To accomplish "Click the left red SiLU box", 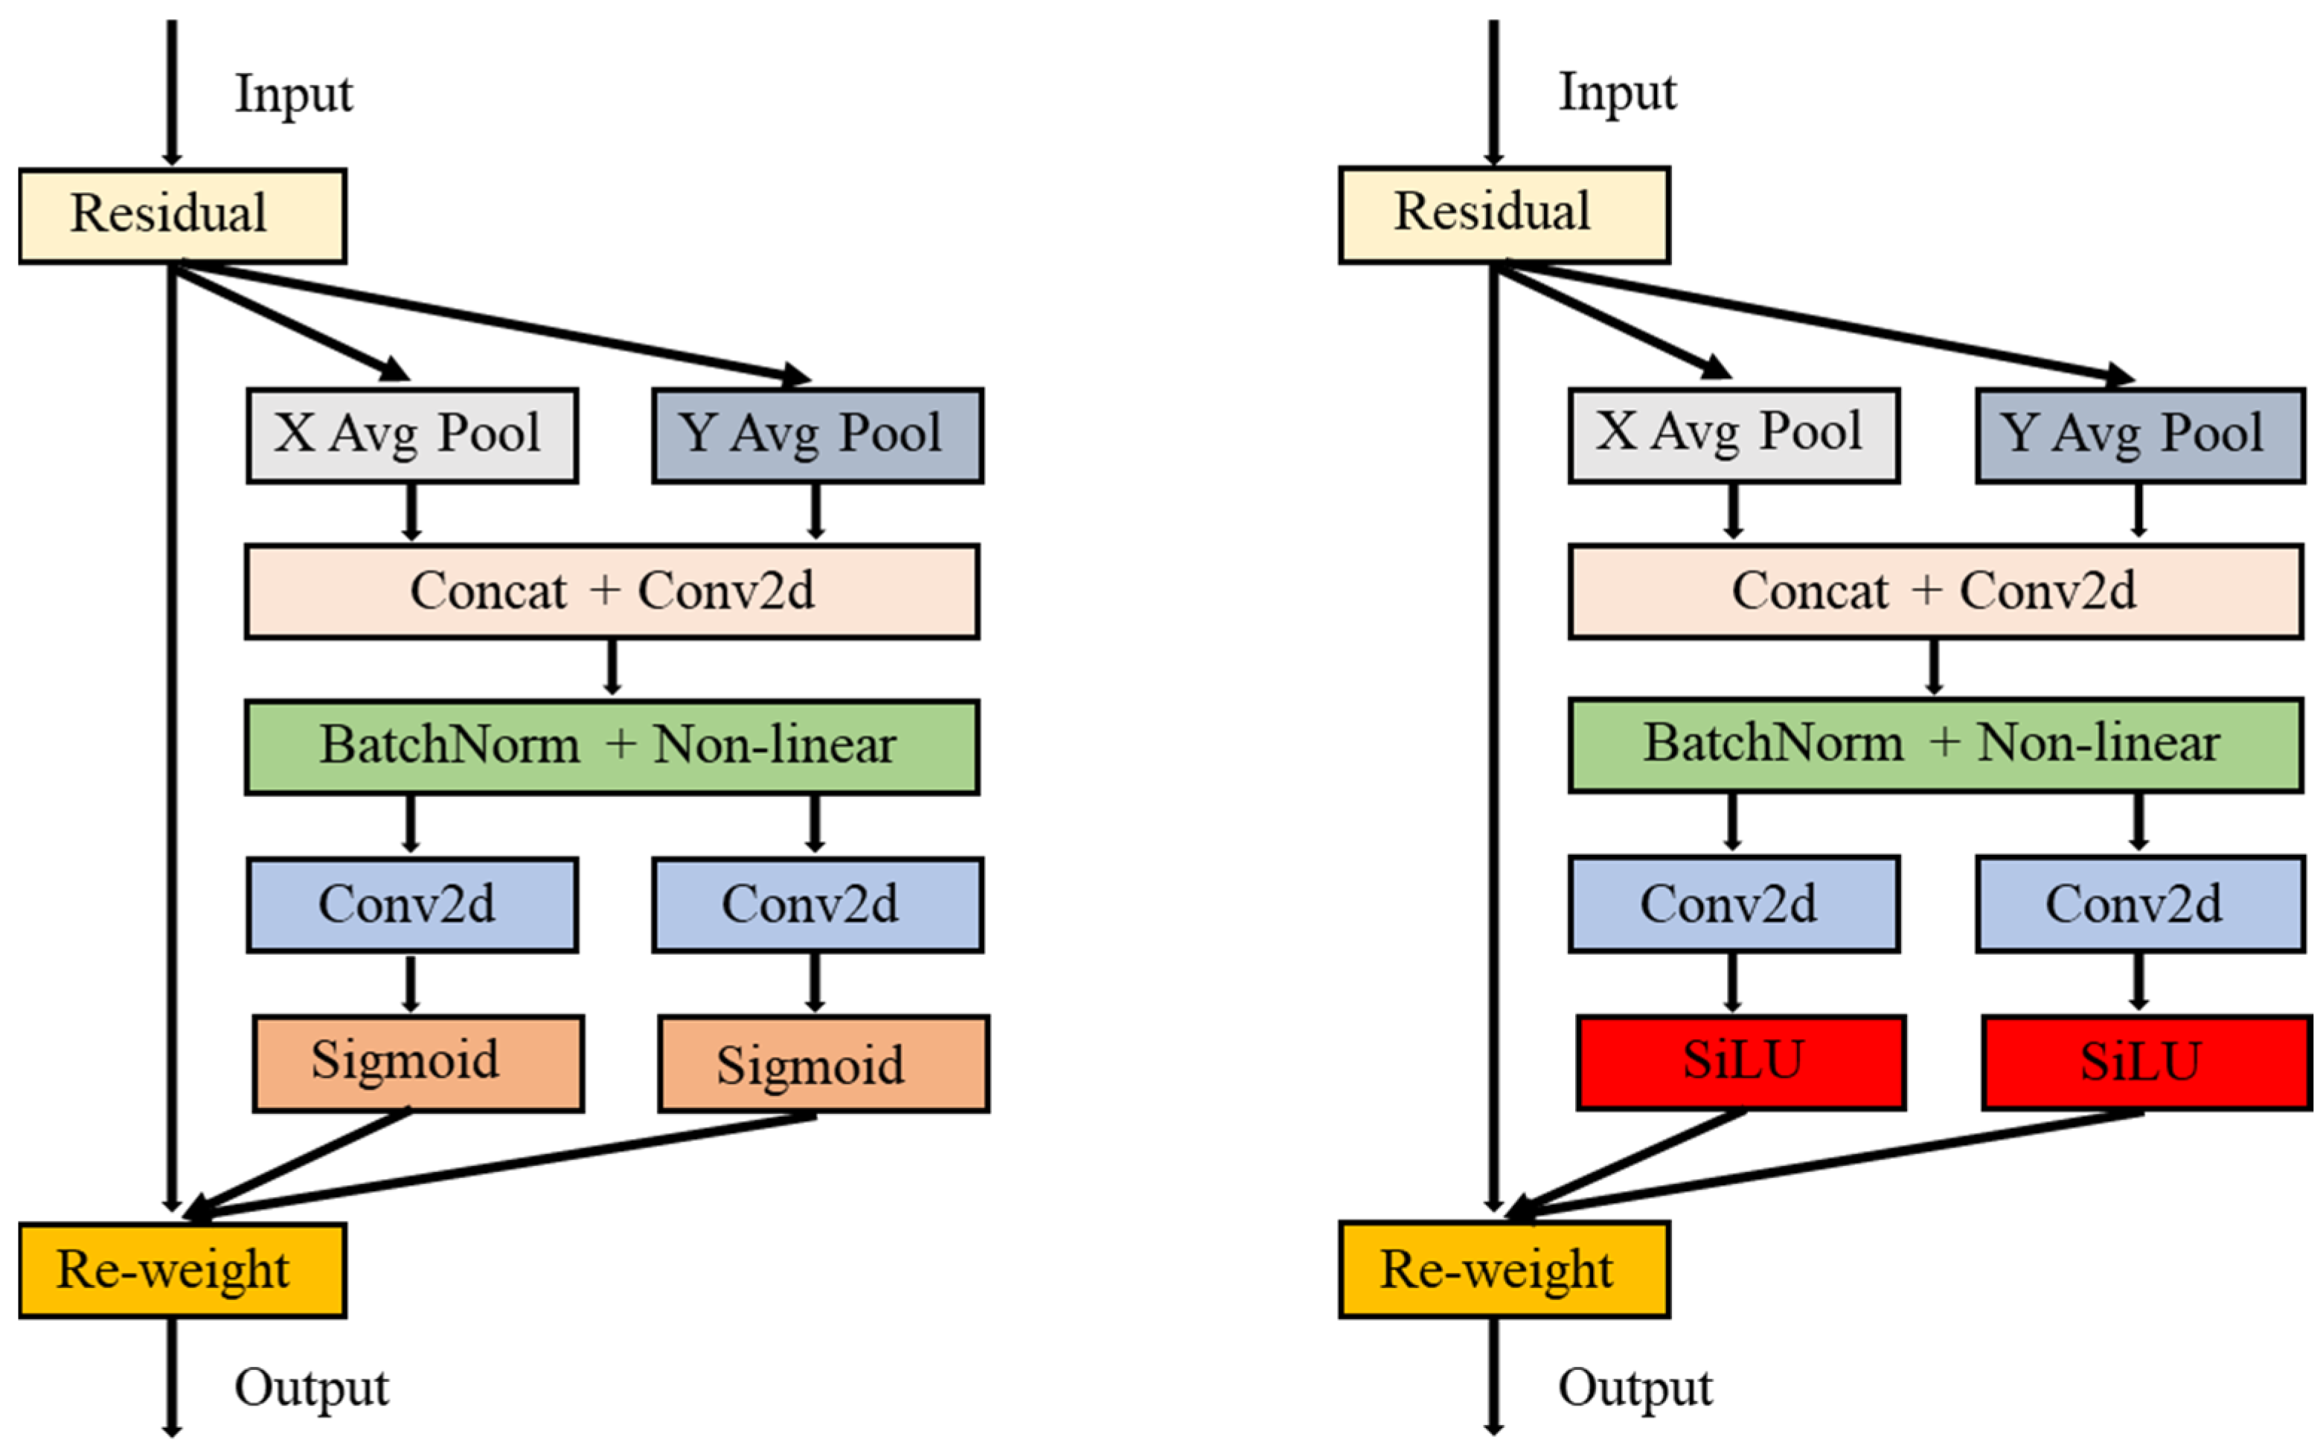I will [1740, 1062].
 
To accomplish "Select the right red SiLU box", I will [2145, 1062].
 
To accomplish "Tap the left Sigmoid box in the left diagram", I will [417, 1063].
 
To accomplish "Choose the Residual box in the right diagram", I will [1503, 214].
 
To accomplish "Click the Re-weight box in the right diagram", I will [1503, 1269].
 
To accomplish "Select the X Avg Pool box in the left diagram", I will [411, 435].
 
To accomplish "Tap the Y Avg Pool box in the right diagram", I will [2139, 435].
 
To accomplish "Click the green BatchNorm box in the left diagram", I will [612, 746].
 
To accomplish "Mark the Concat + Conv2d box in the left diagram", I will [612, 590].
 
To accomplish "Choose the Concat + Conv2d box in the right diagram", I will [1935, 590].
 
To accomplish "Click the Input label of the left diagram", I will [293, 95].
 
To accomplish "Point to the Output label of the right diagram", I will [1635, 1388].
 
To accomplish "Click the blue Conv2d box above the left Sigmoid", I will [411, 905].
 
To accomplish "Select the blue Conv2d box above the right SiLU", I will [2139, 904].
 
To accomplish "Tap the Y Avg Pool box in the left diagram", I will [817, 435].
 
